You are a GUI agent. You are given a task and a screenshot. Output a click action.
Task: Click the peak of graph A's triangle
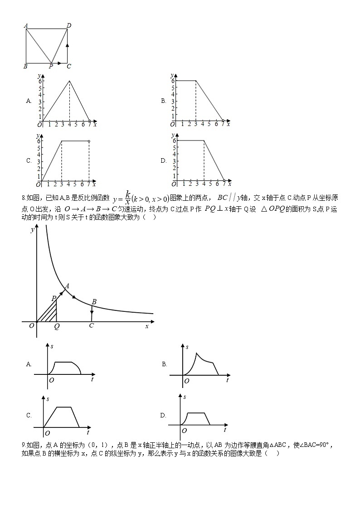click(x=69, y=81)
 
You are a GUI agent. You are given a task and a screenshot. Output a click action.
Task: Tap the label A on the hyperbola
click(x=67, y=286)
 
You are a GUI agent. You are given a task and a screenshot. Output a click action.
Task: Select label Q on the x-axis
click(x=56, y=326)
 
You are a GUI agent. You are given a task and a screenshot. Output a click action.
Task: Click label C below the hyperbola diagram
click(x=92, y=326)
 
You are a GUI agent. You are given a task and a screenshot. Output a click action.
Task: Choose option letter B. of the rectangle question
click(x=164, y=101)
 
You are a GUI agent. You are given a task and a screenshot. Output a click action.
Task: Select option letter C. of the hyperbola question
click(x=29, y=415)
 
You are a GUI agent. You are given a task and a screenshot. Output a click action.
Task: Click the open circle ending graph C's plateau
click(x=89, y=141)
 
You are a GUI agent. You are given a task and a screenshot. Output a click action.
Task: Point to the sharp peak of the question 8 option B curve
click(x=196, y=353)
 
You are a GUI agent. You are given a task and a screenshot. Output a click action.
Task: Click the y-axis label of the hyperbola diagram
click(x=32, y=230)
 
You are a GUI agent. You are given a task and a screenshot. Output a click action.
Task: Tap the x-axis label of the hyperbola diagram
click(x=146, y=326)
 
